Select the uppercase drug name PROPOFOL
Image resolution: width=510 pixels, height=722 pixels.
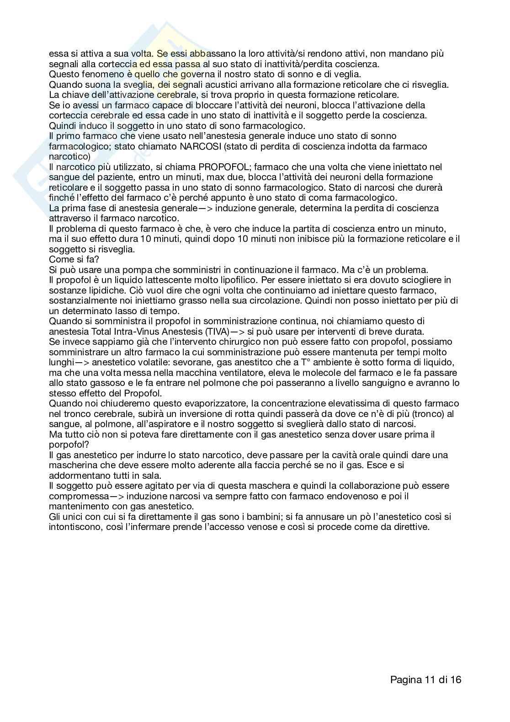point(223,167)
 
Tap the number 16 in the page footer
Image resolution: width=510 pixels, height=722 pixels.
point(456,679)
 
